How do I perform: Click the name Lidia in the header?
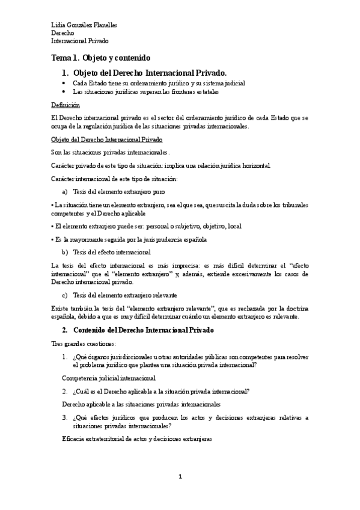(x=58, y=25)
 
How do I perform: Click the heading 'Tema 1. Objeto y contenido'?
(x=101, y=58)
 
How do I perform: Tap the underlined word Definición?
(x=66, y=104)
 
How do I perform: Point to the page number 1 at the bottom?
(x=179, y=476)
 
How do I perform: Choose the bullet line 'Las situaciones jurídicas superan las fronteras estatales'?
(x=145, y=92)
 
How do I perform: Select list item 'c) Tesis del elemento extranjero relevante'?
(x=119, y=295)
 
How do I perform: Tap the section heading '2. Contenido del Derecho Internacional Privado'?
(x=138, y=331)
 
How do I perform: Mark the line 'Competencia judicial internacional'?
(x=109, y=378)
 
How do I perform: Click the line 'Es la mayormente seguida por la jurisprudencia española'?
(x=131, y=239)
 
